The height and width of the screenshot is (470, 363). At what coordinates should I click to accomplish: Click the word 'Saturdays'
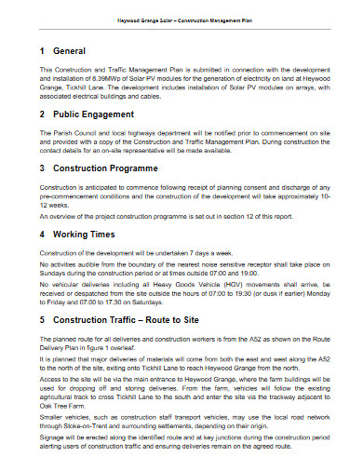click(x=186, y=302)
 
